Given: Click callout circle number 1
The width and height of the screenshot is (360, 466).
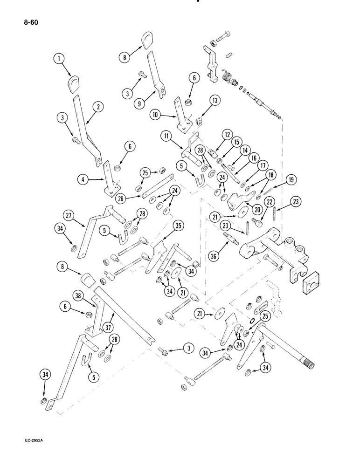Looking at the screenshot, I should pyautogui.click(x=58, y=59).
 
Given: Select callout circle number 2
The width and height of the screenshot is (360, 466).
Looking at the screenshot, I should pyautogui.click(x=97, y=106).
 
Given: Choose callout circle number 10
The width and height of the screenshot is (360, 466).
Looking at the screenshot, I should pyautogui.click(x=155, y=114).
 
